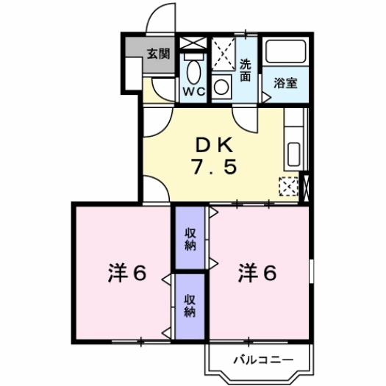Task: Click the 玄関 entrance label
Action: coord(157,54)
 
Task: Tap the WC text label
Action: coord(193,92)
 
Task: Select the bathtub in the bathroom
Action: coord(285,52)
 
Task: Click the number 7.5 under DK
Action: coord(214,168)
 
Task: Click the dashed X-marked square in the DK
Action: coord(289,187)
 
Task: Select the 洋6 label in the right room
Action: coord(257,274)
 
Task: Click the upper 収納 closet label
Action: coord(190,238)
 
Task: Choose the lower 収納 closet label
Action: coord(190,305)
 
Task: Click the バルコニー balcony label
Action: coord(262,360)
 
